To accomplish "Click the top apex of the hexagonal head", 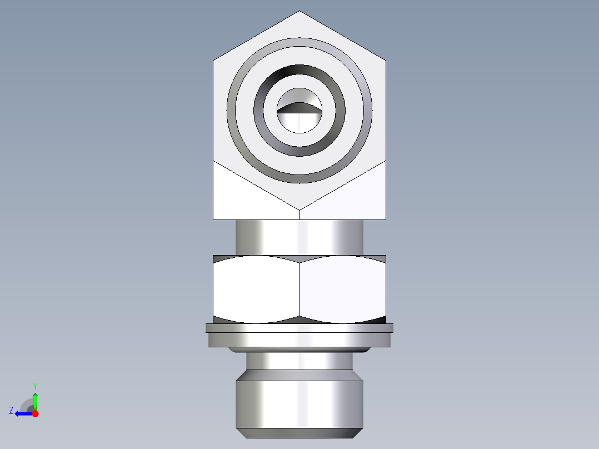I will tap(299, 12).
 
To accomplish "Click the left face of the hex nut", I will tap(256, 289).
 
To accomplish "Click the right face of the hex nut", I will tap(342, 289).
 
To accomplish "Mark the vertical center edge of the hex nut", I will tap(299, 289).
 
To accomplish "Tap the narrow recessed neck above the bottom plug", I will tap(299, 362).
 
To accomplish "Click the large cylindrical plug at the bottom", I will tap(299, 403).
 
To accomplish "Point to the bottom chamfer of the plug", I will tap(299, 433).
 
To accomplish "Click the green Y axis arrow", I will tap(35, 399).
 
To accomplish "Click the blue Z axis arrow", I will tap(22, 413).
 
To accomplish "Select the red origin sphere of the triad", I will tap(35, 413).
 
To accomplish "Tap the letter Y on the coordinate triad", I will tap(34, 386).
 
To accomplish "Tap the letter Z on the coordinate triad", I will tap(11, 411).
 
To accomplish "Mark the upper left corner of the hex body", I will tap(214, 59).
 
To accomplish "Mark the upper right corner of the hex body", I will tap(386, 59).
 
